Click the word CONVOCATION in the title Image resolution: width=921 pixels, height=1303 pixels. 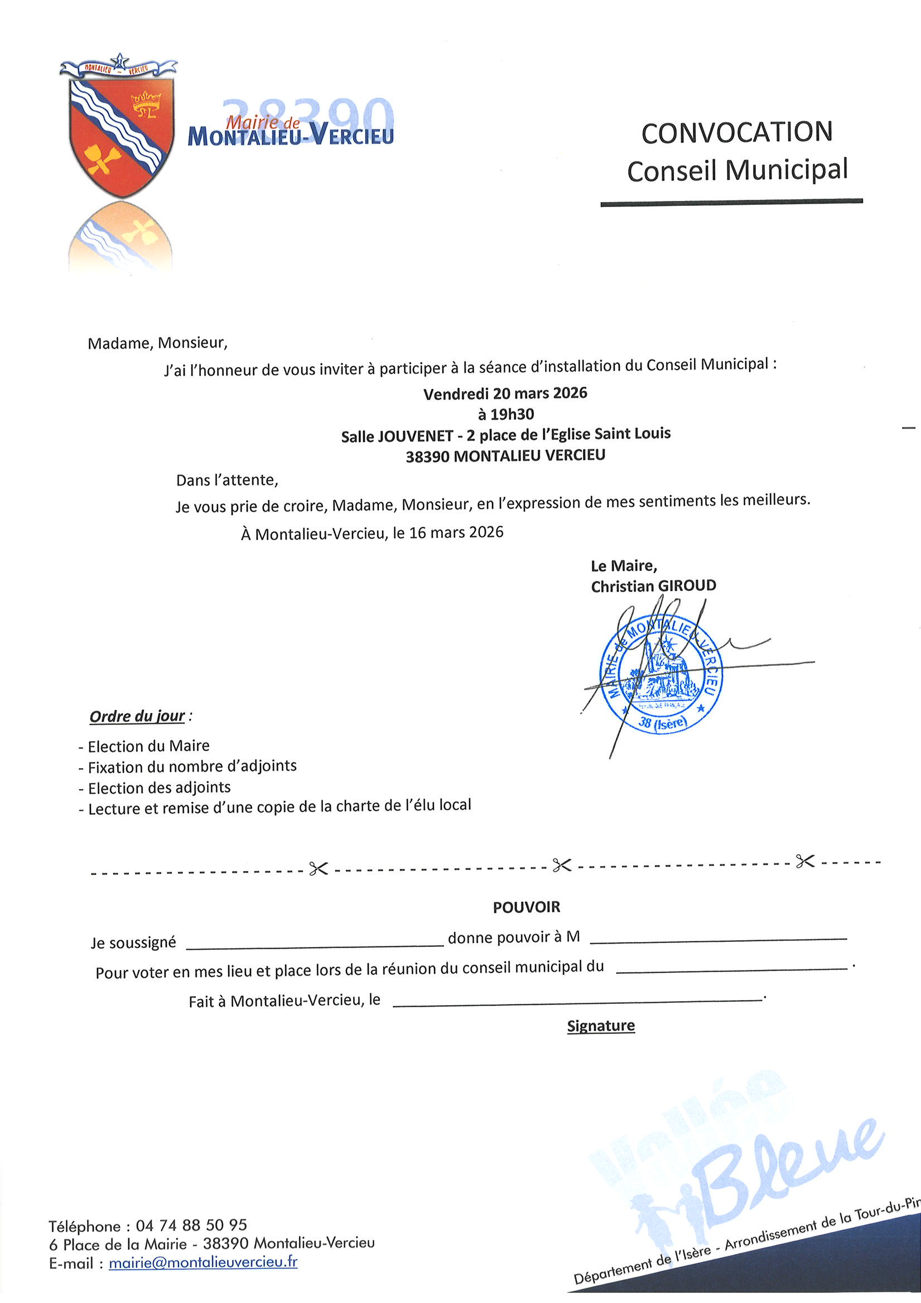[x=736, y=132]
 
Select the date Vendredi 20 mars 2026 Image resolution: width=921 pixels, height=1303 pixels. [x=505, y=393]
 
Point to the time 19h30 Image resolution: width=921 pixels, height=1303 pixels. [x=513, y=414]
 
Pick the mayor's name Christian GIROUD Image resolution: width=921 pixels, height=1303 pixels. [x=653, y=586]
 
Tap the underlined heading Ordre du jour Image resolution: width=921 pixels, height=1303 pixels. [x=137, y=716]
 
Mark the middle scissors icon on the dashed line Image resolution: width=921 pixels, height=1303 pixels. [x=562, y=866]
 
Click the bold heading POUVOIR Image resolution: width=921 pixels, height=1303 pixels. [x=526, y=907]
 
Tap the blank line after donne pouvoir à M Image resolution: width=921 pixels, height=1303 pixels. [x=718, y=941]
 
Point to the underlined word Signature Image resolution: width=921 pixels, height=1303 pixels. [x=601, y=1026]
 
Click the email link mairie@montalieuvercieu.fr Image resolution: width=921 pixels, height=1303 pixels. [x=203, y=1262]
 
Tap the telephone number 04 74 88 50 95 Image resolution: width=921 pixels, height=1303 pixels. [x=191, y=1225]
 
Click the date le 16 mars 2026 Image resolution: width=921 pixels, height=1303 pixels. [x=448, y=532]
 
